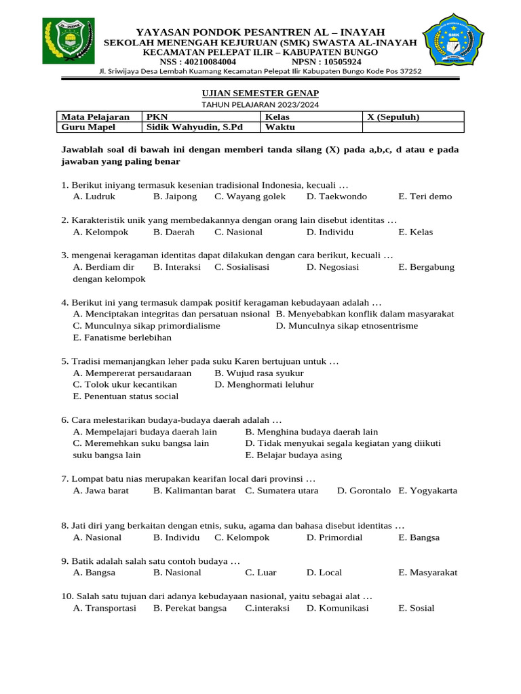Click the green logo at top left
coord(69,41)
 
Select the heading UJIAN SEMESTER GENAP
coord(260,93)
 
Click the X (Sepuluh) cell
coord(393,117)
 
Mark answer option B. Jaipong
coord(175,197)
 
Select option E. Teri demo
coord(425,197)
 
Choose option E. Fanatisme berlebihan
coord(122,338)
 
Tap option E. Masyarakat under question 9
coord(428,573)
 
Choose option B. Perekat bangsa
coord(190,608)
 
